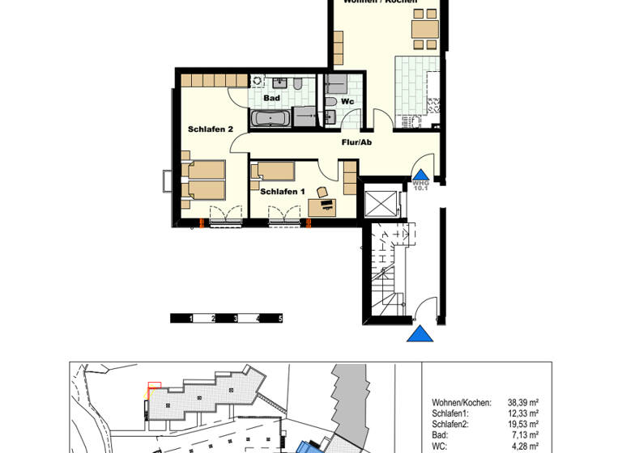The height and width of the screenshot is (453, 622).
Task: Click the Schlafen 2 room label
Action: [211, 129]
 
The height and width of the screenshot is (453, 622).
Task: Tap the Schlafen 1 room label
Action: [282, 192]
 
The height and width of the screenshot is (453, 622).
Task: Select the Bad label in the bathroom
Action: [271, 99]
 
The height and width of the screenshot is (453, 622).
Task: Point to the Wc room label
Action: [347, 102]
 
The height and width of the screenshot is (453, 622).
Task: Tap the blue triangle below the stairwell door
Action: [420, 333]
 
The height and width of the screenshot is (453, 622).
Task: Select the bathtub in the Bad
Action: [269, 120]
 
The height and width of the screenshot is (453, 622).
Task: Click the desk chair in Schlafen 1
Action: [322, 193]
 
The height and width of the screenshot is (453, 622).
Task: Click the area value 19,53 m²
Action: [523, 423]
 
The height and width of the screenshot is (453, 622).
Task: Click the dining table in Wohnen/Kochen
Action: [425, 30]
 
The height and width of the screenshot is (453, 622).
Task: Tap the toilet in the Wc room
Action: [332, 102]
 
